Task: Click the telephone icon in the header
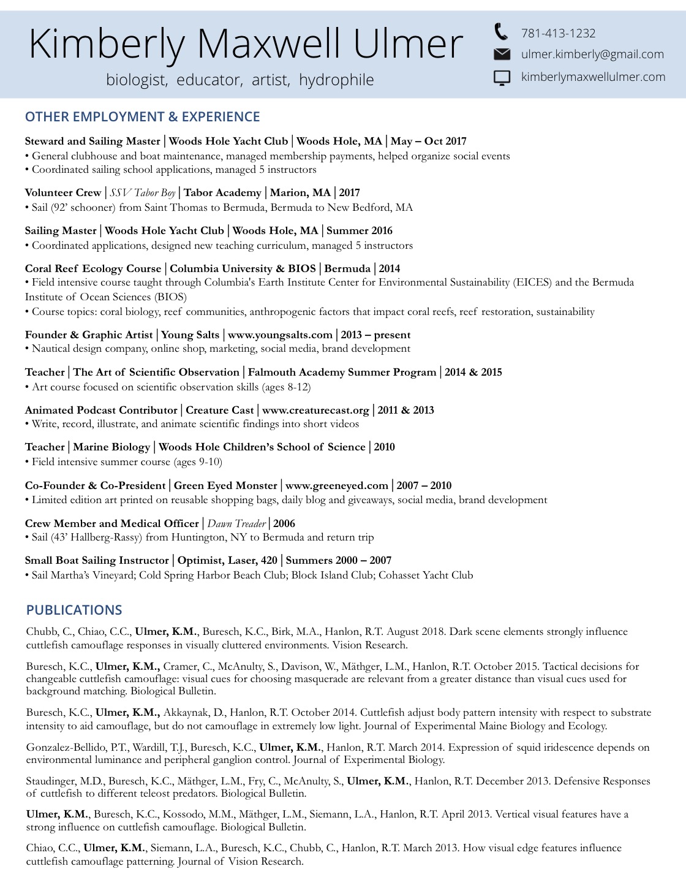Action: (501, 31)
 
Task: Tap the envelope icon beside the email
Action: (502, 55)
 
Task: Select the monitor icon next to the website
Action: (502, 78)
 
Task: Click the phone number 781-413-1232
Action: (558, 33)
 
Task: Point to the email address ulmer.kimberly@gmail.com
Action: (592, 55)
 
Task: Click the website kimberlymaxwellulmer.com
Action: (593, 77)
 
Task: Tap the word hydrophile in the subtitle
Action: (336, 80)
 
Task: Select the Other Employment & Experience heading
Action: (142, 116)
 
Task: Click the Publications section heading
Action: (74, 610)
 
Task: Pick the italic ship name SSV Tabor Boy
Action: (143, 192)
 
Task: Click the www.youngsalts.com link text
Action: (280, 335)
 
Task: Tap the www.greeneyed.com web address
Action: (336, 485)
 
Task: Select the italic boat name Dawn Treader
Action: (236, 523)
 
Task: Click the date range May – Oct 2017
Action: (428, 141)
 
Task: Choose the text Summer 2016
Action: (360, 230)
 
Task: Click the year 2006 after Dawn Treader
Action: (284, 523)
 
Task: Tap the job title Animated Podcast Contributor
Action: (101, 410)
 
